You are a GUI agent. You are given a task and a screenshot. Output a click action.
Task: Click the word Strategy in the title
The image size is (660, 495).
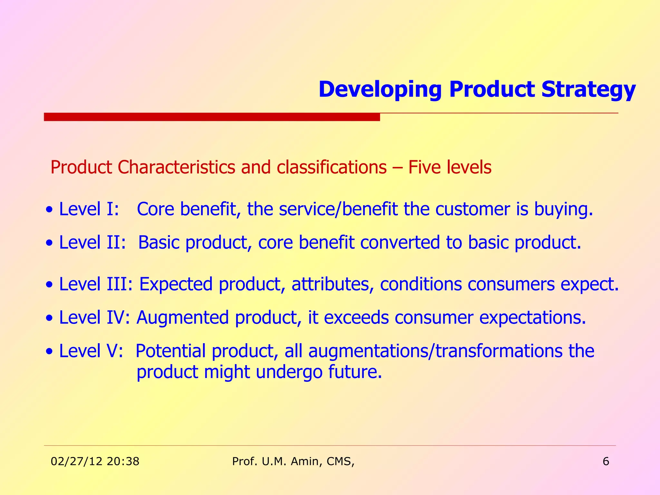[588, 90]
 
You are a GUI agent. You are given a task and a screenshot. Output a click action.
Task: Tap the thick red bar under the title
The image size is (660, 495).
[212, 117]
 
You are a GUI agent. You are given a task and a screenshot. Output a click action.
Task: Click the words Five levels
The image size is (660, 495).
[450, 168]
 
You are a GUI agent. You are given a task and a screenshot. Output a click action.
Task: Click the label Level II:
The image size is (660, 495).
[92, 242]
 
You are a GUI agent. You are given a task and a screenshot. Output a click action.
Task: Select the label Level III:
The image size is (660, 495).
[95, 284]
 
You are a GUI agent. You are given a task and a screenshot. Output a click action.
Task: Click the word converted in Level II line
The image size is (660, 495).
[400, 242]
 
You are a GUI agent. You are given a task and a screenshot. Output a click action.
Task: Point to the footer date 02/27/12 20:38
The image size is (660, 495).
[95, 461]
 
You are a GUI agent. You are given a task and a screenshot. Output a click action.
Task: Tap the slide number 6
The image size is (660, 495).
[606, 461]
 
